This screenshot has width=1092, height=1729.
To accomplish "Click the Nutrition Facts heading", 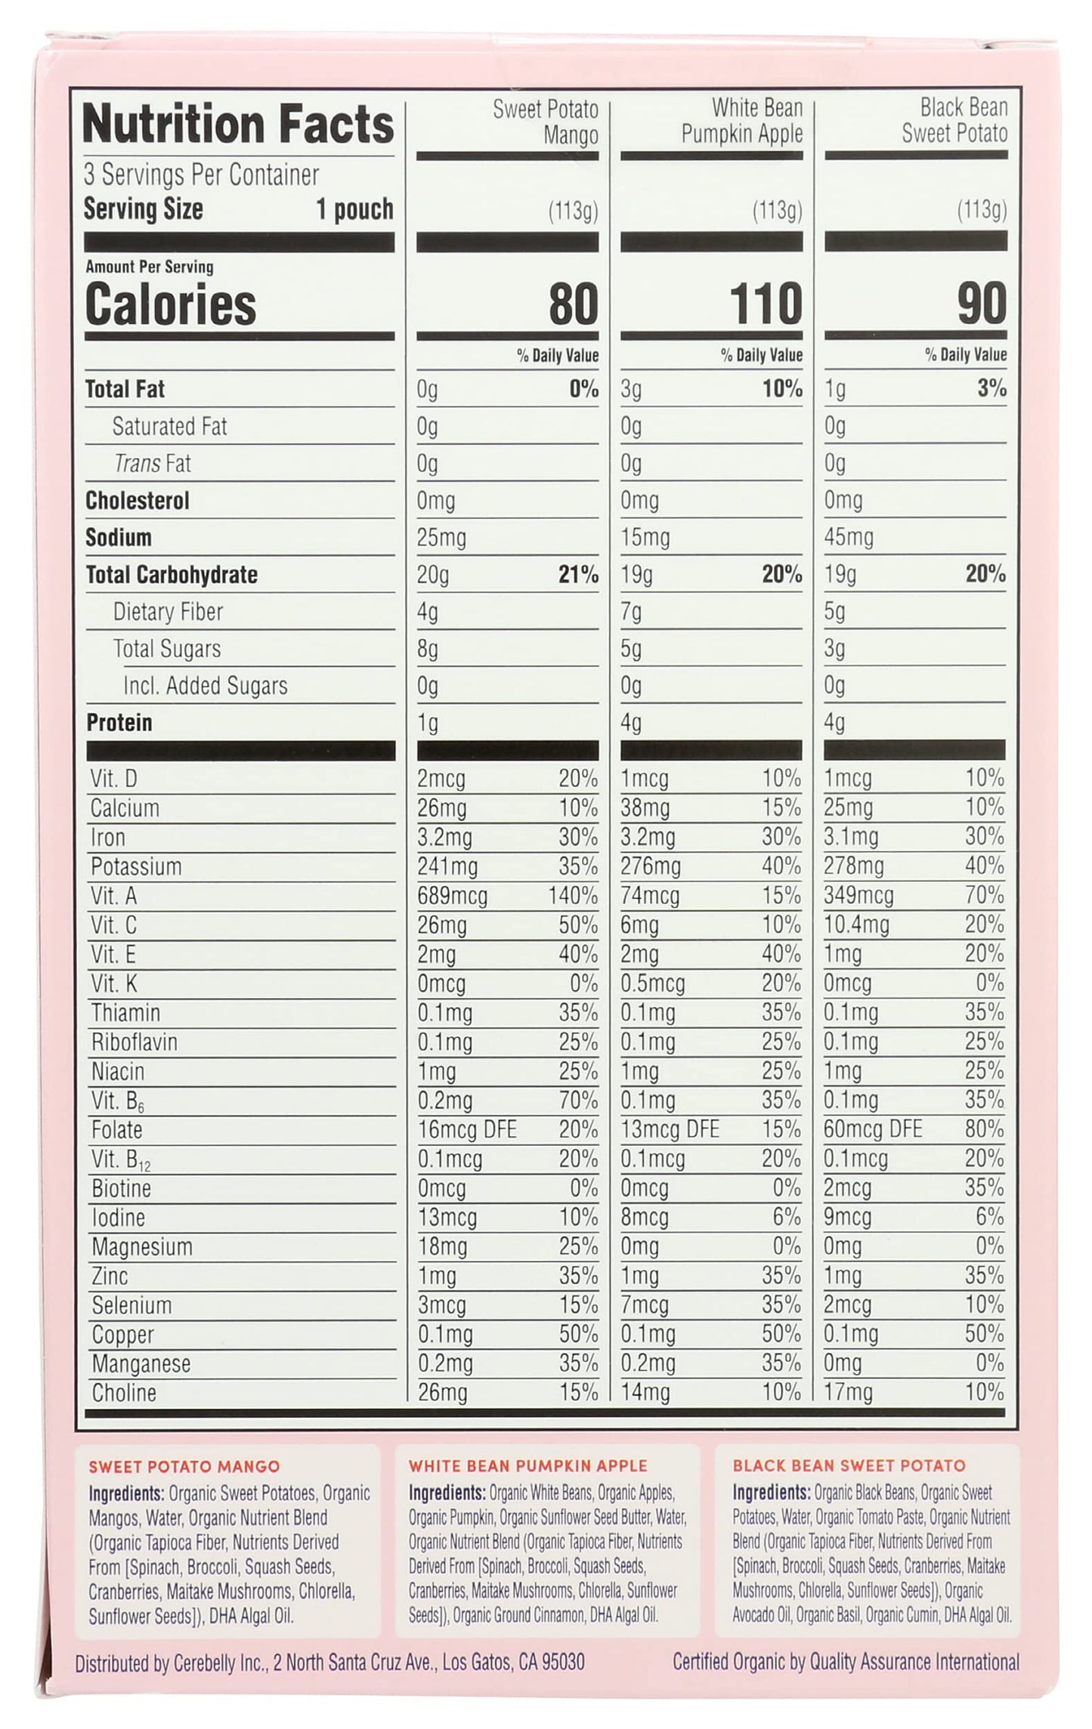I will [x=238, y=125].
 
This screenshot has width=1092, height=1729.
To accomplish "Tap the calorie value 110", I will [x=765, y=304].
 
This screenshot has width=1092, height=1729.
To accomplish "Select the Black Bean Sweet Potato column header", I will [x=954, y=121].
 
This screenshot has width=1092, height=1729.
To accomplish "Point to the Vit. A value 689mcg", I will [x=452, y=896].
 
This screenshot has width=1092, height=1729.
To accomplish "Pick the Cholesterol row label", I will [x=137, y=501].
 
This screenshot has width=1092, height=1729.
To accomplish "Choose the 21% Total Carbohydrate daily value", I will [x=578, y=575].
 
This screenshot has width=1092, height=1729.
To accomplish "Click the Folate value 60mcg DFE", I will [x=873, y=1129].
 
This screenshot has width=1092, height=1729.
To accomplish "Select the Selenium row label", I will [x=131, y=1305].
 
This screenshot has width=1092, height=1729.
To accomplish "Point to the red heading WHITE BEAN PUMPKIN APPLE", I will [x=527, y=1466].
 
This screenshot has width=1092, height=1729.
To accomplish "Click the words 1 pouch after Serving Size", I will [x=354, y=209].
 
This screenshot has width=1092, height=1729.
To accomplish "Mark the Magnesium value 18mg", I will [x=442, y=1246].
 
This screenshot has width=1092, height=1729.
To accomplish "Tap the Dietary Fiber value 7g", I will [x=631, y=611].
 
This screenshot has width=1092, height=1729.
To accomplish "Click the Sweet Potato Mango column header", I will [x=546, y=122].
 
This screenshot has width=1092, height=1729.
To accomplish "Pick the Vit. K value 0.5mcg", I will [x=652, y=983].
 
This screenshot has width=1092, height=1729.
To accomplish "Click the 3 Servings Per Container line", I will [x=201, y=175].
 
